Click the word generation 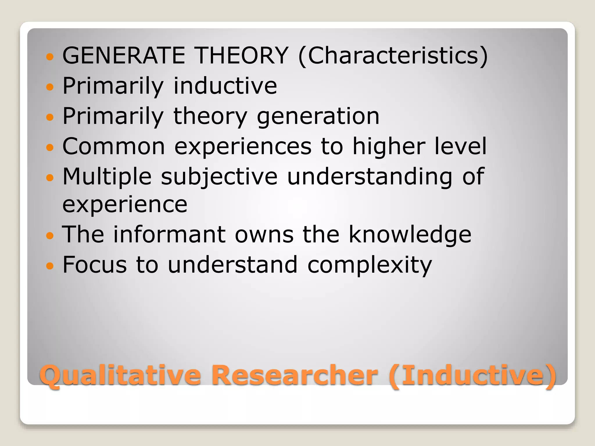click(x=318, y=116)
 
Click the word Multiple click(x=107, y=177)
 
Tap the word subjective click(x=219, y=177)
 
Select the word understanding click(x=370, y=177)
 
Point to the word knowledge click(x=410, y=235)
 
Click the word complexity click(x=370, y=265)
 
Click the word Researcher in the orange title click(x=295, y=375)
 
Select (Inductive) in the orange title click(x=472, y=375)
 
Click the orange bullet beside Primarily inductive click(x=50, y=86)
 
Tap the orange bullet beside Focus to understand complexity click(x=50, y=265)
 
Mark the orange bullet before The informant click(x=50, y=235)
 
